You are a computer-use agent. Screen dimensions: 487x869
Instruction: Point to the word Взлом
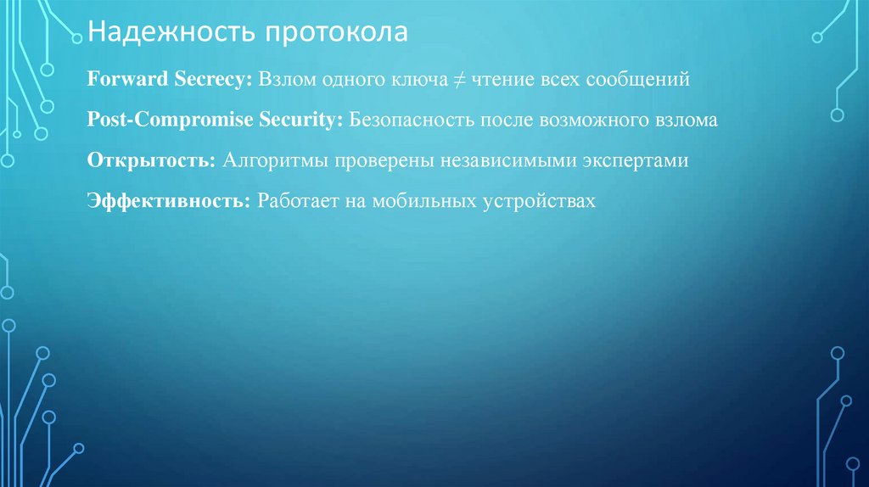[287, 79]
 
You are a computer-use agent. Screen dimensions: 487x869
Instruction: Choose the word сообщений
[645, 79]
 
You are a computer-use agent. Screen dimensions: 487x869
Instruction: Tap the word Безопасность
[410, 120]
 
